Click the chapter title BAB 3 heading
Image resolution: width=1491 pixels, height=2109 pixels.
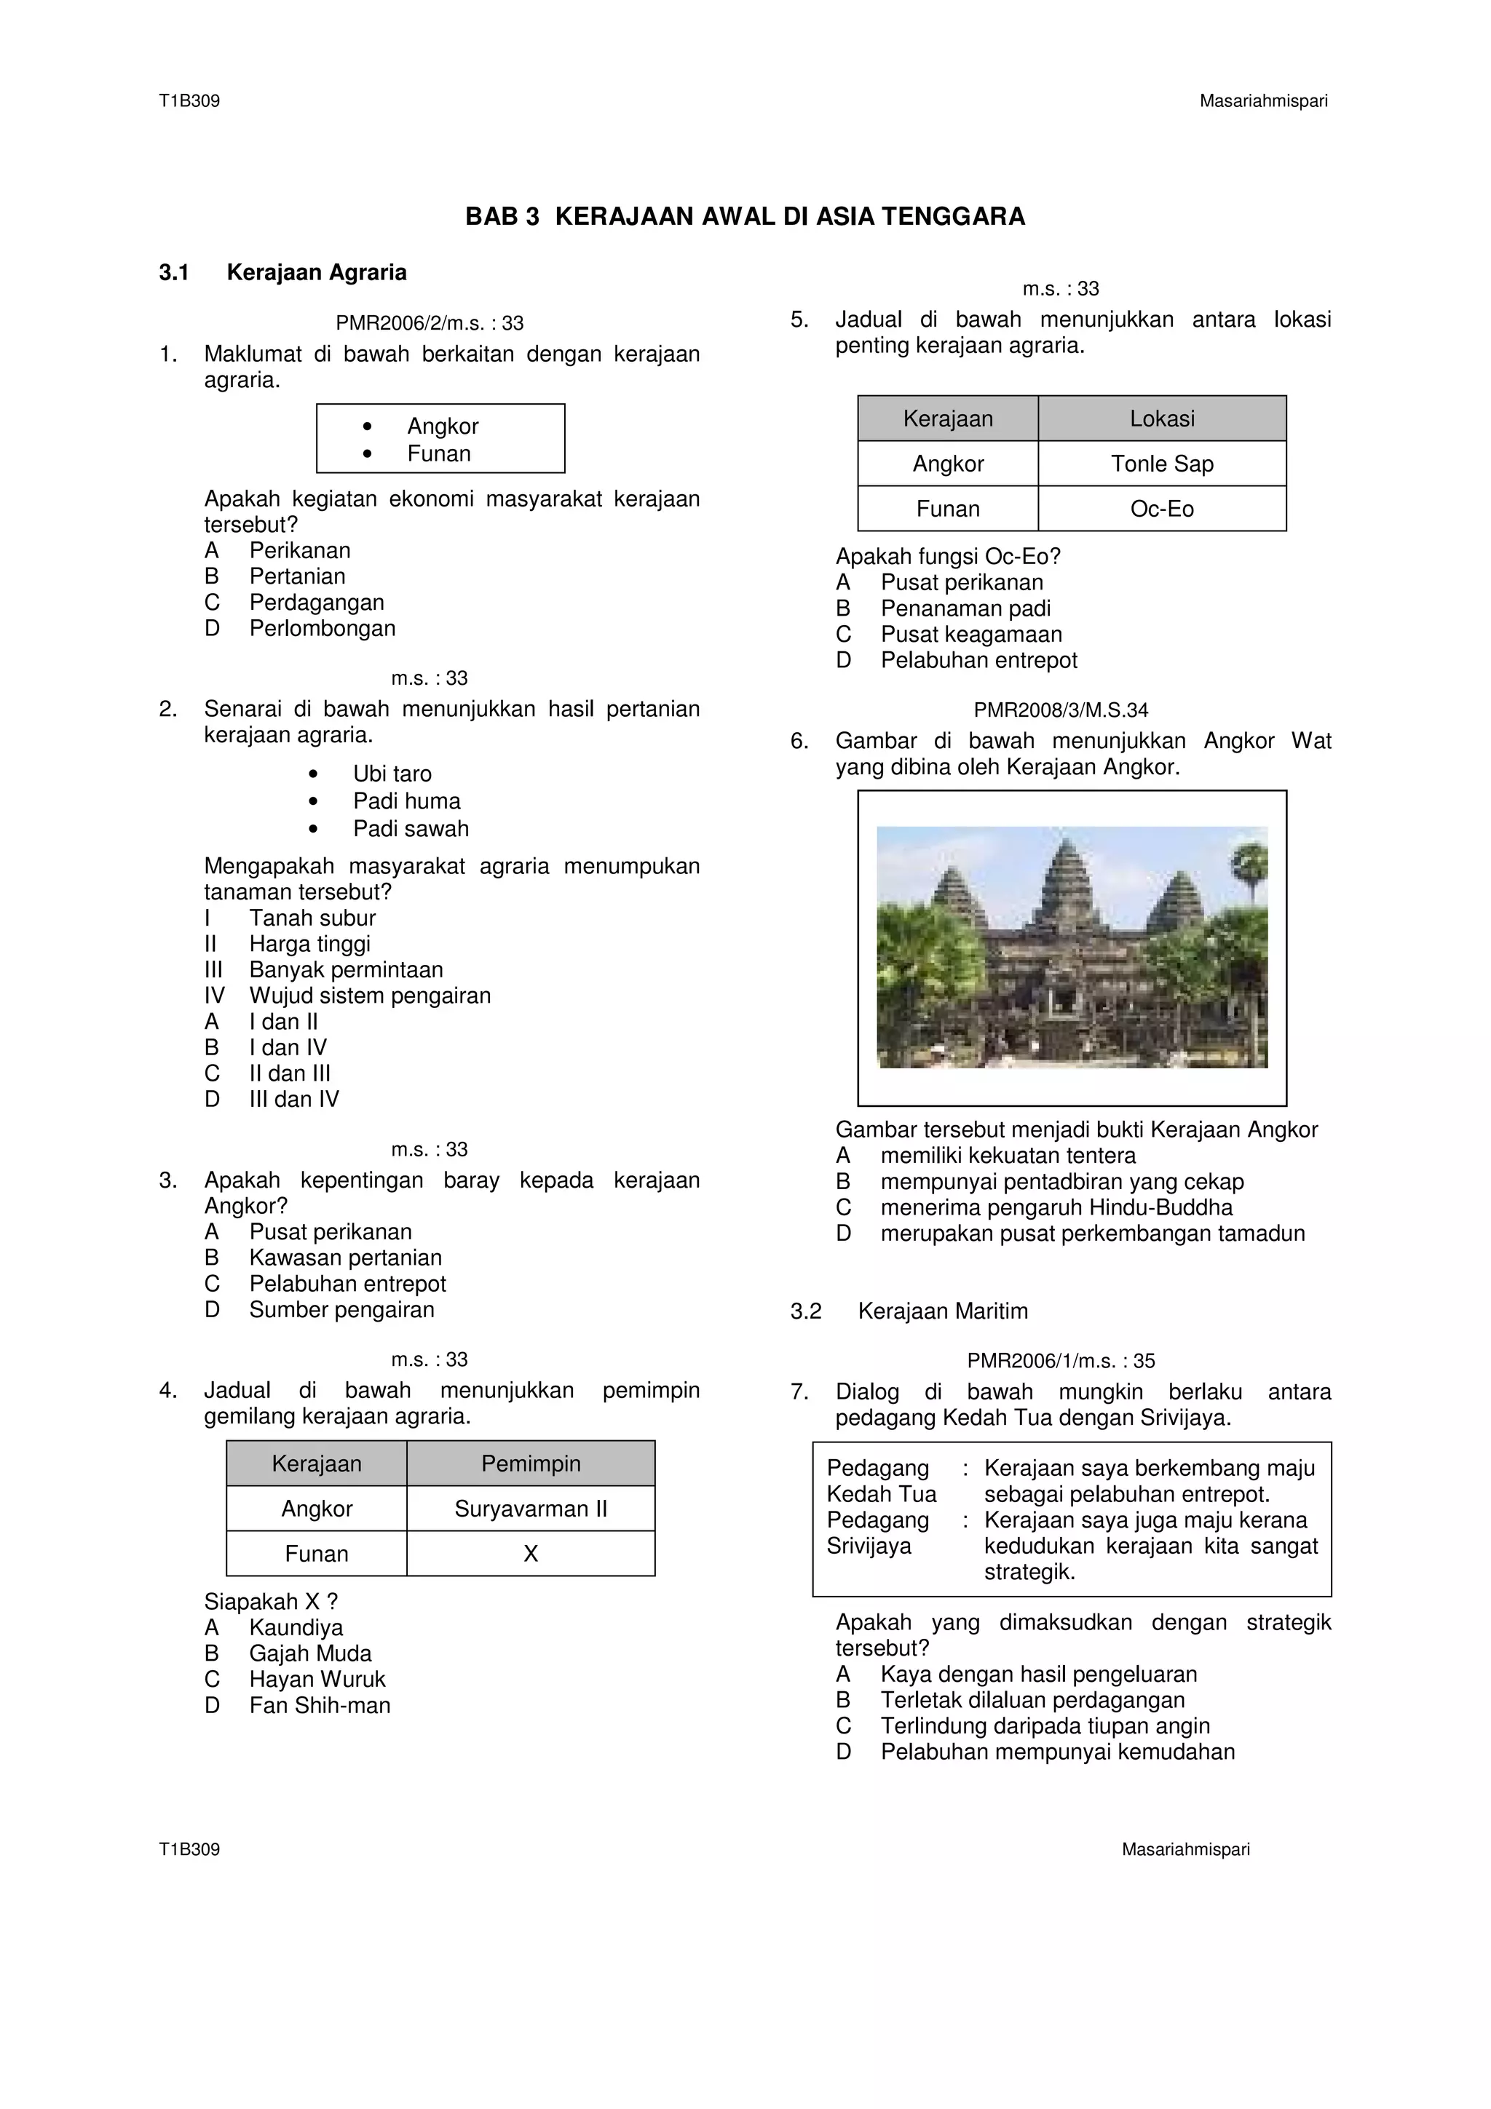[x=744, y=217]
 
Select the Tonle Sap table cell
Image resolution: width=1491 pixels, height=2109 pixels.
[x=1161, y=464]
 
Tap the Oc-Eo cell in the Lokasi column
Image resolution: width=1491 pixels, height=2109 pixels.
[x=1161, y=509]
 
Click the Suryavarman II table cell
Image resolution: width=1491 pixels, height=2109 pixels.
[x=530, y=1509]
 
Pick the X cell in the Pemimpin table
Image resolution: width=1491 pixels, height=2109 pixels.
[x=530, y=1554]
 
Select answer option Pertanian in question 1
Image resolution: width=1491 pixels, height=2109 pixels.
[x=297, y=577]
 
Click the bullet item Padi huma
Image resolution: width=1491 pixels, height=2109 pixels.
[x=406, y=801]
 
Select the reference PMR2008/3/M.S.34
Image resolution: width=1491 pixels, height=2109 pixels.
[x=1060, y=710]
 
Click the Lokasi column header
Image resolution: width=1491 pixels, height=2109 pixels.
[x=1161, y=419]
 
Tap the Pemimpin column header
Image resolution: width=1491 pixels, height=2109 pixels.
[x=530, y=1464]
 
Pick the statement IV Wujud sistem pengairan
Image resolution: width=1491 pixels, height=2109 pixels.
[x=368, y=996]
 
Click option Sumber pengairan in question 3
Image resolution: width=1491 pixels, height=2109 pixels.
[x=341, y=1310]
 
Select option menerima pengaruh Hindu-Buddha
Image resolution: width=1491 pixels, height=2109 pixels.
[x=1056, y=1208]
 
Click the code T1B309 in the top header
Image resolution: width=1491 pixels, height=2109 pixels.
[x=189, y=101]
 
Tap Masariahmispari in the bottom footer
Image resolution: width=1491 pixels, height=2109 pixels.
[x=1185, y=1850]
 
